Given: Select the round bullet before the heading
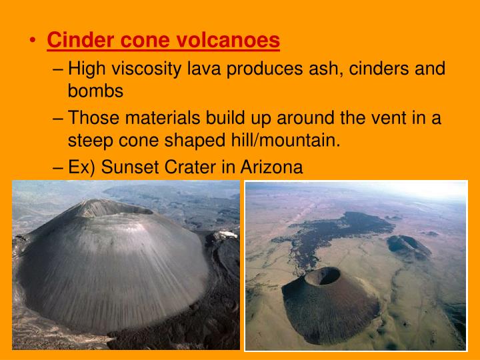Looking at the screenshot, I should click(33, 41).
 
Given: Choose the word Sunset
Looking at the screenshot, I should click(134, 167).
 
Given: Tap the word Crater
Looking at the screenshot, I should click(197, 167).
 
